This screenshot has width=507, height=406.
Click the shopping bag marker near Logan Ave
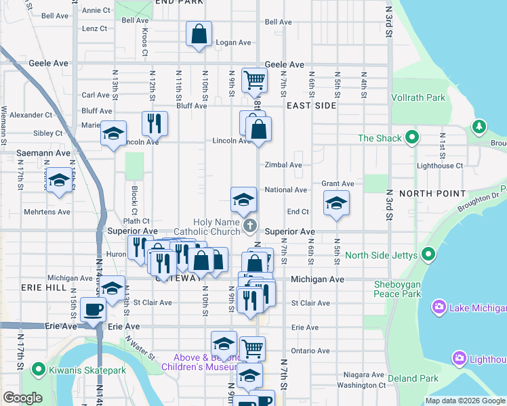click(199, 33)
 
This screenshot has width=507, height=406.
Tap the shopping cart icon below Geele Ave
click(254, 79)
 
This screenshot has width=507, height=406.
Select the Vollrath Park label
click(418, 97)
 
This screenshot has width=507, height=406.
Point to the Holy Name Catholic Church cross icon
click(250, 225)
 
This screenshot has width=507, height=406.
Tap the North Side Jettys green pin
click(428, 254)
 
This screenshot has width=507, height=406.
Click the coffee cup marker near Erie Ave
click(93, 310)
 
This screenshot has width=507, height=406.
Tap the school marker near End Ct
click(336, 204)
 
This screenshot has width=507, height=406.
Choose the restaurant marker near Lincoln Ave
click(155, 123)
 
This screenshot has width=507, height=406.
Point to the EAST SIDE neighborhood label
click(311, 106)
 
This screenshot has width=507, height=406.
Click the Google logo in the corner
click(23, 398)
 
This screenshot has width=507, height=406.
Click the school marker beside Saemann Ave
click(60, 181)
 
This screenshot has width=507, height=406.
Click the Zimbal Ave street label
click(283, 164)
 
